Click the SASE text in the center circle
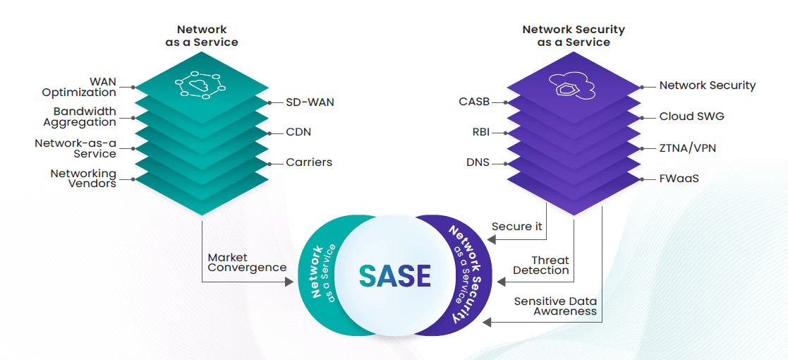coord(394,276)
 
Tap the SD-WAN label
coord(310,102)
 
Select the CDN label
coord(298,132)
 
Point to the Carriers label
coord(309,162)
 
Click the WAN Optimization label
coord(79,87)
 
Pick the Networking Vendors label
coord(83,178)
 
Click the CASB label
coord(474,102)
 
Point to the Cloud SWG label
coord(691,116)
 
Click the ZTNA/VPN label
coord(689,148)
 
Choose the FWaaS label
coord(679,179)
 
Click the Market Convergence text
coord(247,263)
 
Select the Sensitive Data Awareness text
coord(555,306)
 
